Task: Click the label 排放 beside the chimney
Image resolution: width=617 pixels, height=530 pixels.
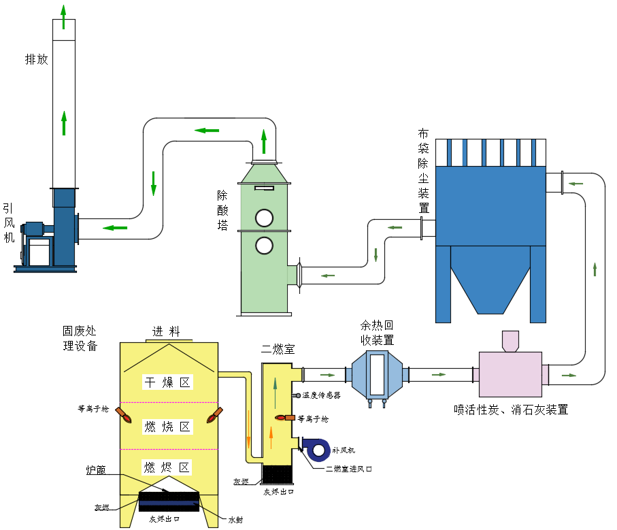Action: point(37,59)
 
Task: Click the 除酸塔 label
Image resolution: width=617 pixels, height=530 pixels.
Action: point(222,210)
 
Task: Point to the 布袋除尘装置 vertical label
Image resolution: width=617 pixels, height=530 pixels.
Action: point(423,170)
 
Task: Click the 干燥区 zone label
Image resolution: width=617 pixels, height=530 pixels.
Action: point(167,382)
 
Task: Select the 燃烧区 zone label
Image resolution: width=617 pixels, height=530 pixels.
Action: point(167,427)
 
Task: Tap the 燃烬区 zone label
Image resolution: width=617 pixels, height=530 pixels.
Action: point(167,467)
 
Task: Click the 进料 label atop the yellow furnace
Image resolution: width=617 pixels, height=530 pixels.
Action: point(166,332)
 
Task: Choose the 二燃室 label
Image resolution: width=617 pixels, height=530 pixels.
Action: point(278,349)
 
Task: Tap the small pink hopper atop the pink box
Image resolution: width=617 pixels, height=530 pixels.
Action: point(510,341)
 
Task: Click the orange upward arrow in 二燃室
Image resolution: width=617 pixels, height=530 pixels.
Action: point(271,437)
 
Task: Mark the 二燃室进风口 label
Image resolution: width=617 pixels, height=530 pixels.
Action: point(348,468)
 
